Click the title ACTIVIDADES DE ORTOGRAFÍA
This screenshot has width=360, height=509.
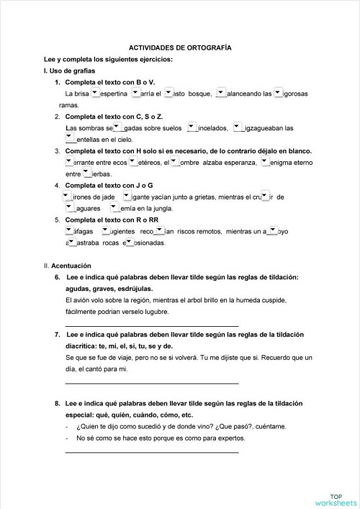click(x=180, y=45)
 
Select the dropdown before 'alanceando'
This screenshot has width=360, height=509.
click(x=220, y=92)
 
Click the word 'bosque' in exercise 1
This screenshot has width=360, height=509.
click(x=199, y=94)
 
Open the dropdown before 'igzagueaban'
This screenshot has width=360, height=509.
click(x=237, y=127)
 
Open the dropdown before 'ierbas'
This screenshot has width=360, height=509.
click(x=87, y=173)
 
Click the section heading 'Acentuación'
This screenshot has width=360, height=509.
click(x=71, y=266)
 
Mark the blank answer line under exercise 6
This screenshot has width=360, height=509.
click(x=151, y=325)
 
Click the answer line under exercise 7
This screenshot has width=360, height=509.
click(x=151, y=382)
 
